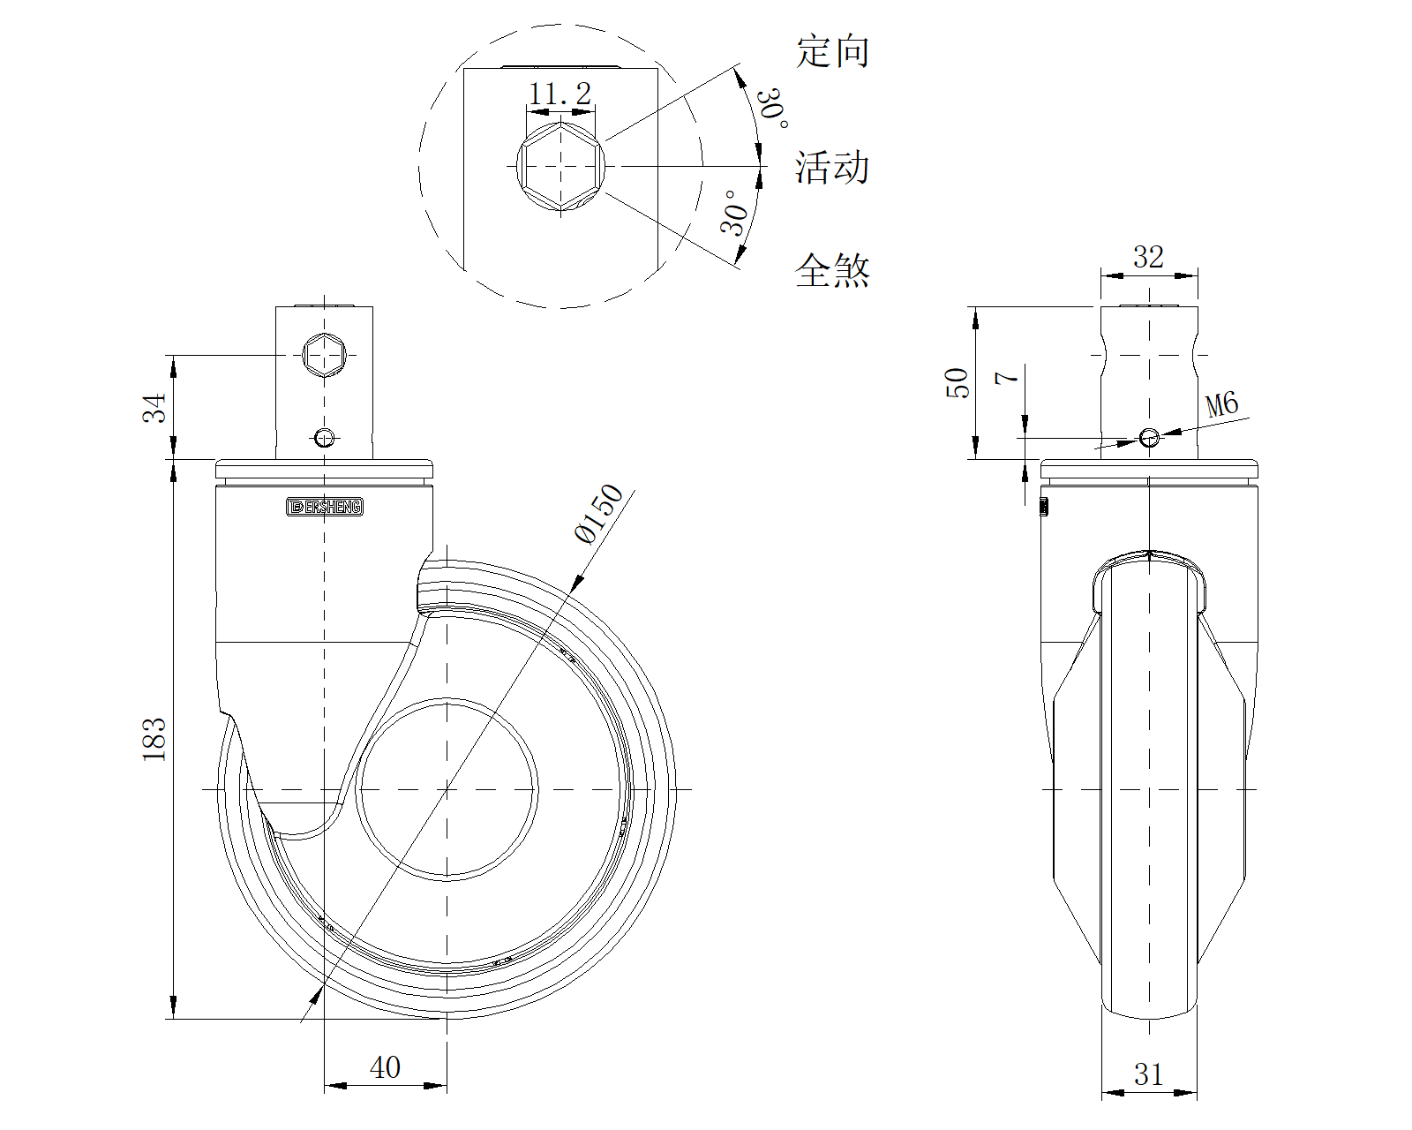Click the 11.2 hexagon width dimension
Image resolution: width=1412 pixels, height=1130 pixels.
[x=560, y=93]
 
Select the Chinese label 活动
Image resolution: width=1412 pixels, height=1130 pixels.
[x=832, y=167]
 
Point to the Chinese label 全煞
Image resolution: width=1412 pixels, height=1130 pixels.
[x=832, y=270]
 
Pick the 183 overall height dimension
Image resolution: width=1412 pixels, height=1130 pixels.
[x=154, y=740]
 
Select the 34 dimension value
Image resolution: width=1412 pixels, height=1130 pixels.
[x=154, y=408]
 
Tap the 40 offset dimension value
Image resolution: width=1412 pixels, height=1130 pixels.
[x=385, y=1068]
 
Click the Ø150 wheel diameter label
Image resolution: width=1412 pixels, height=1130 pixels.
[x=598, y=514]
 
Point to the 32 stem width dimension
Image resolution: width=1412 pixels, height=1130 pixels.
[x=1148, y=257]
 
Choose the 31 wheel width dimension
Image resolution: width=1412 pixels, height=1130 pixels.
[x=1148, y=1075]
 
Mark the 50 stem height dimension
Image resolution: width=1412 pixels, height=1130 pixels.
[x=958, y=382]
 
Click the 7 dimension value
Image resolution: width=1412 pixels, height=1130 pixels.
[x=1007, y=378]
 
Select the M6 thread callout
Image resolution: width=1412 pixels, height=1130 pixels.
[x=1222, y=405]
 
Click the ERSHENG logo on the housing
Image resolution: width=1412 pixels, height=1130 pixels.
[x=325, y=507]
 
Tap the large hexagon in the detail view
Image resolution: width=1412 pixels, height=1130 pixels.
[x=560, y=167]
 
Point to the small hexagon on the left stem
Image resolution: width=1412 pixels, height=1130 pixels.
[x=324, y=355]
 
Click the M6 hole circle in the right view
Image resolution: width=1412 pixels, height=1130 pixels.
[x=1149, y=437]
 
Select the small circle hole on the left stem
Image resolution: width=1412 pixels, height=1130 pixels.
[x=325, y=437]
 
